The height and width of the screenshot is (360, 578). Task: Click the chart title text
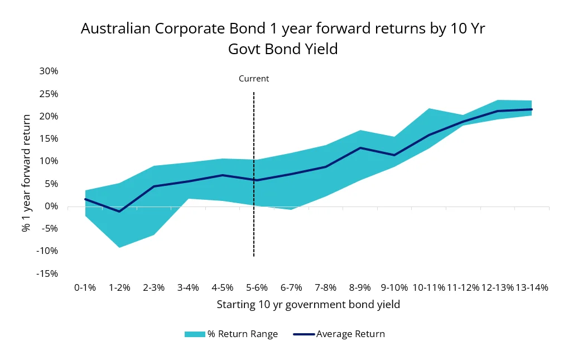click(x=283, y=39)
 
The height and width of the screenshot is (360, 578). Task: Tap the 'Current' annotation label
click(x=254, y=79)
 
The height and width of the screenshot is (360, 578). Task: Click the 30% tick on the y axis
click(x=48, y=71)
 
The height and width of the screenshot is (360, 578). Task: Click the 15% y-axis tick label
click(x=48, y=138)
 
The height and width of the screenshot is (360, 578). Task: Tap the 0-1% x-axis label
click(x=85, y=287)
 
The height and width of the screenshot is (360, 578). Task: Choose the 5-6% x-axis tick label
click(x=257, y=287)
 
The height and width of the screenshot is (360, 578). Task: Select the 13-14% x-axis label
click(x=532, y=287)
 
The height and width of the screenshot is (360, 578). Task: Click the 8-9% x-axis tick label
click(x=360, y=287)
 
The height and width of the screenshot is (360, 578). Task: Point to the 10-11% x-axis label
click(x=428, y=287)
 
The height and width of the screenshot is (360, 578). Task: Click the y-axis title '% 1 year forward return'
click(x=26, y=173)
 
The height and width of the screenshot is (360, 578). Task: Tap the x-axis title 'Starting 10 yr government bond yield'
click(x=308, y=305)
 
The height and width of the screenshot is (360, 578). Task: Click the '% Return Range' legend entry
click(x=242, y=334)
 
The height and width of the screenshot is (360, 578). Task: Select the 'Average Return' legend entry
click(x=350, y=334)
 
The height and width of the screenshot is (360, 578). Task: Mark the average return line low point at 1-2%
click(x=119, y=212)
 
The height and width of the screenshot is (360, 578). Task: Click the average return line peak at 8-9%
click(x=360, y=148)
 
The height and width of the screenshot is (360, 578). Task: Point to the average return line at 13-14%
click(x=532, y=109)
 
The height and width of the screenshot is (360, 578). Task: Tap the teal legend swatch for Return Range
click(x=195, y=334)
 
